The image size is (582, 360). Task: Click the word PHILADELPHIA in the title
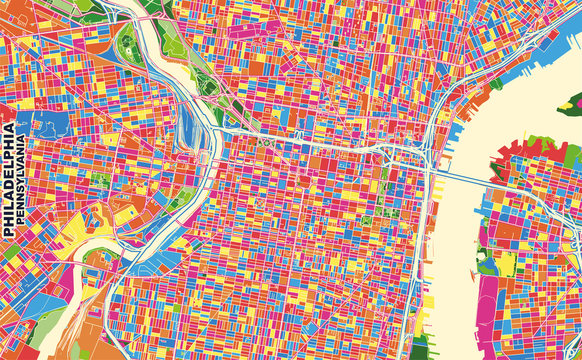(x=9, y=180)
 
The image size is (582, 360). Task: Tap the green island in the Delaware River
(x=574, y=102)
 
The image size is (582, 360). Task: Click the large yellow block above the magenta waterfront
(x=507, y=262)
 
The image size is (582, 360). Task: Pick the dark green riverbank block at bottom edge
(x=419, y=350)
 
